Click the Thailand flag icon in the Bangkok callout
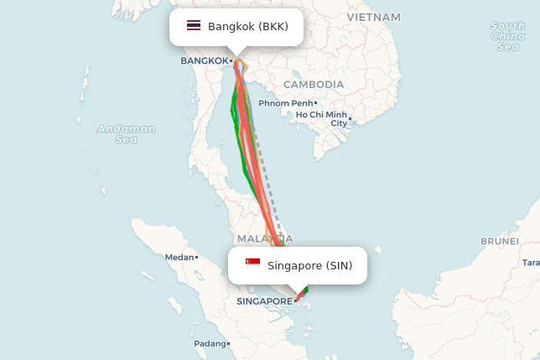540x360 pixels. [x=194, y=26]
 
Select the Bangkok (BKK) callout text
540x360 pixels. [x=248, y=27]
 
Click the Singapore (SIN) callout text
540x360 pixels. [x=310, y=266]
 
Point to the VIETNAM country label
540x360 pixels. [x=373, y=17]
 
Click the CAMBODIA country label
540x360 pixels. [x=314, y=85]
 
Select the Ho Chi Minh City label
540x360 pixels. [x=322, y=118]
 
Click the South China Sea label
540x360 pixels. [x=508, y=36]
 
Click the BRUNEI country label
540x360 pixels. [x=499, y=241]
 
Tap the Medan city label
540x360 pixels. [x=179, y=258]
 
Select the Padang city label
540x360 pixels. [x=210, y=344]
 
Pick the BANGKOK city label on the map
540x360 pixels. [x=205, y=60]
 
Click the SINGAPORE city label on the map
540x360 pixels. [x=264, y=300]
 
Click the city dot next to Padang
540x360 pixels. [x=228, y=344]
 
